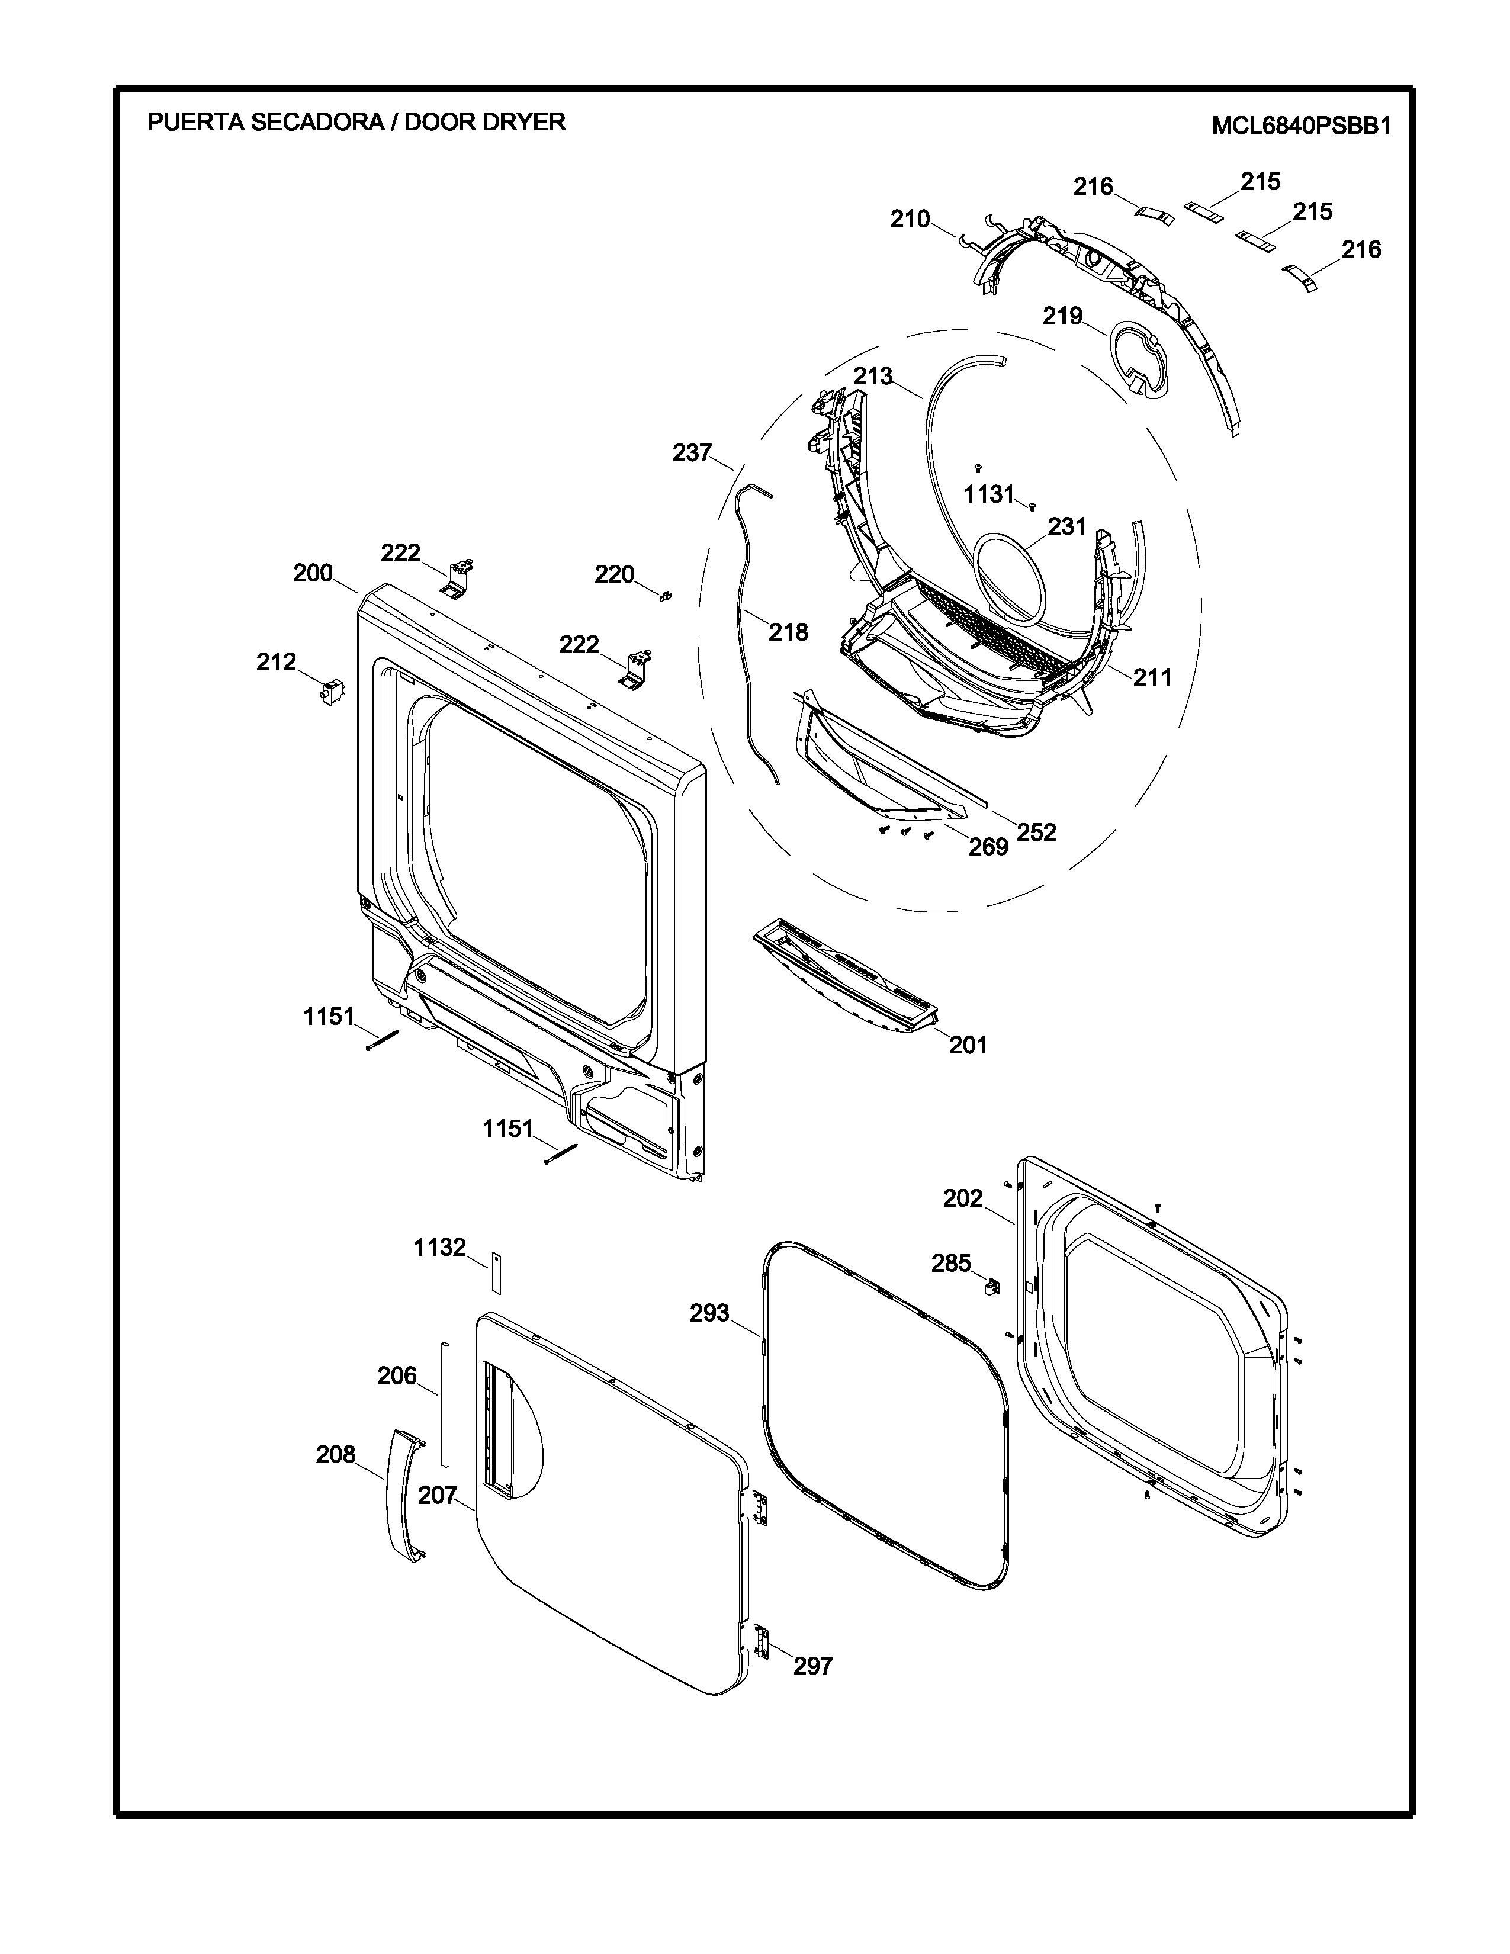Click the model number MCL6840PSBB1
(x=1301, y=126)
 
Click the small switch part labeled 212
(x=332, y=692)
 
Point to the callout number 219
(x=1063, y=316)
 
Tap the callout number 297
(x=813, y=1666)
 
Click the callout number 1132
(x=440, y=1247)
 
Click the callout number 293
(x=709, y=1313)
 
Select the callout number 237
(x=692, y=454)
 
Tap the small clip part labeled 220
(x=666, y=596)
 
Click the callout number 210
(x=910, y=219)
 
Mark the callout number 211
(x=1152, y=678)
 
